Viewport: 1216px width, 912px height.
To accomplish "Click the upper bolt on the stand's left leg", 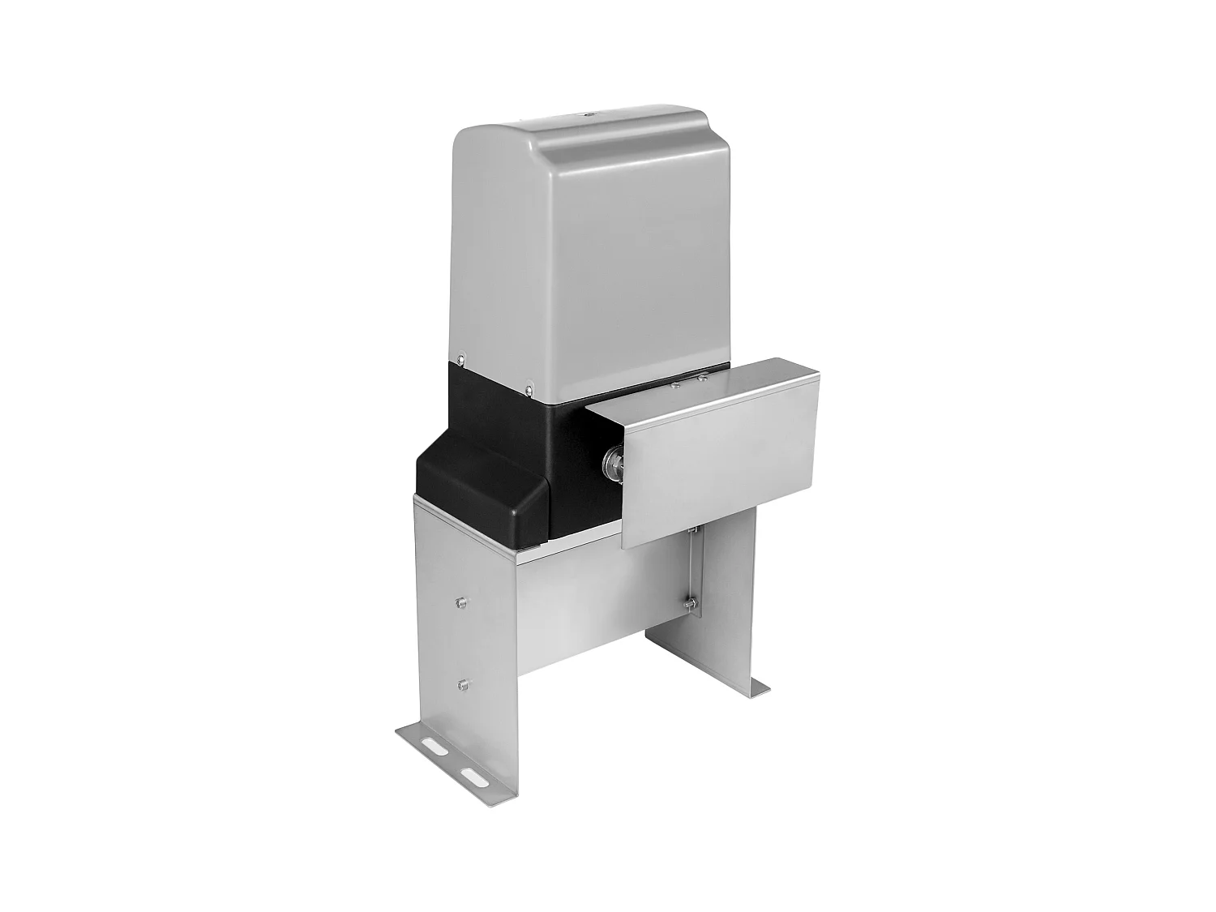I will [460, 602].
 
